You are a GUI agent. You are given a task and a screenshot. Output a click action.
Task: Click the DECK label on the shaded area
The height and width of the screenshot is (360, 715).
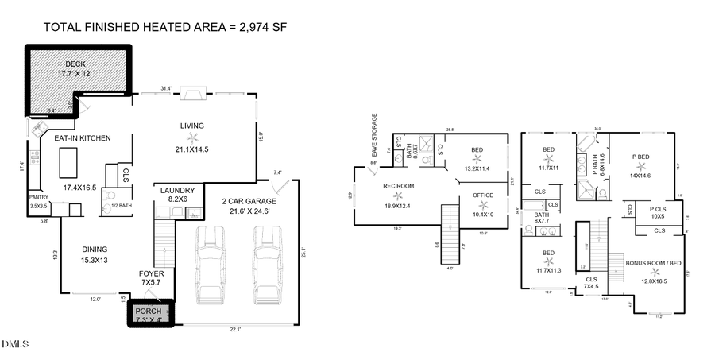click(x=75, y=64)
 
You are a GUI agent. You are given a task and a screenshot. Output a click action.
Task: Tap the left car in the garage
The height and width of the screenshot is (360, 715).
click(x=211, y=262)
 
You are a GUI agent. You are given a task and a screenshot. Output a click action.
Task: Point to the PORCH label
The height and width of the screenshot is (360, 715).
click(x=149, y=311)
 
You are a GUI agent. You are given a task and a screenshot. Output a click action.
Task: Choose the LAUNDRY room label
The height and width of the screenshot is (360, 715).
click(x=172, y=191)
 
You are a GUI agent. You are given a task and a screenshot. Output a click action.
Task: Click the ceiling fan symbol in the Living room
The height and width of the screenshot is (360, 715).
click(x=192, y=137)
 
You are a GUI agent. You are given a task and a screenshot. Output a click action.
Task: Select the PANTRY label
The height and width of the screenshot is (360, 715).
click(x=39, y=197)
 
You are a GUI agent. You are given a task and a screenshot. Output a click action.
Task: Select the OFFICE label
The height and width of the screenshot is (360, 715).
click(x=482, y=195)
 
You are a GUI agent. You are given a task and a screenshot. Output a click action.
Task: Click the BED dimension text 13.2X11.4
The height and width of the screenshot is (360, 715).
click(x=477, y=168)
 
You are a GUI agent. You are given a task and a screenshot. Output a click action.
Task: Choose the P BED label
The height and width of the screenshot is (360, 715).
click(x=640, y=157)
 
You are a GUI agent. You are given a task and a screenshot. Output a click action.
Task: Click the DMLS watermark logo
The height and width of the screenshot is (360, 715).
click(x=14, y=344)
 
